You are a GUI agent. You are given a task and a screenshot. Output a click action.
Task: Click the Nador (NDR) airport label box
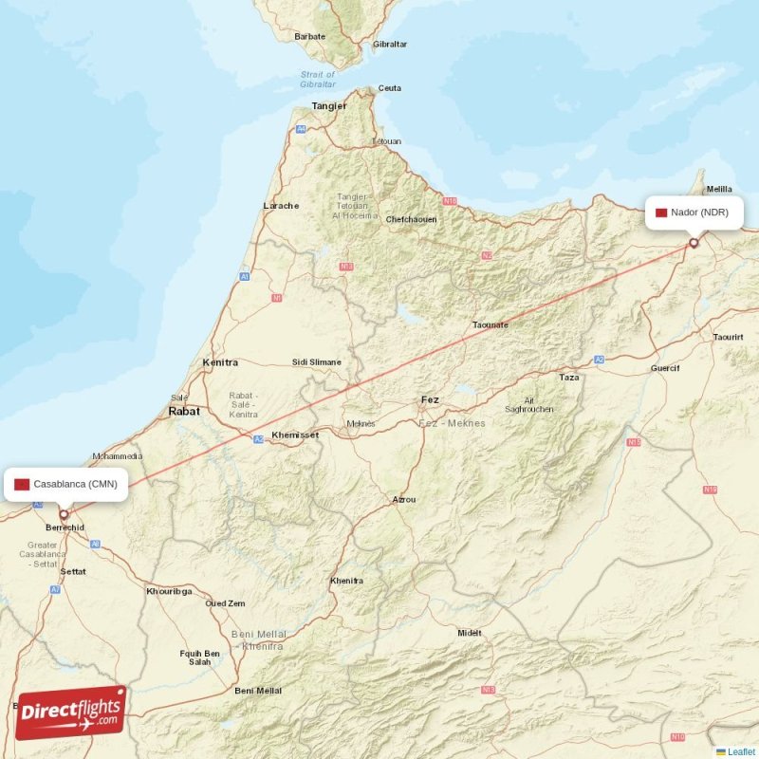click(x=693, y=212)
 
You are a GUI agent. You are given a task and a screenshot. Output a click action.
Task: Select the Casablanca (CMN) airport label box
click(x=65, y=484)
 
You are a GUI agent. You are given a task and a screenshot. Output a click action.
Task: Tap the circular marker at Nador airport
click(x=694, y=243)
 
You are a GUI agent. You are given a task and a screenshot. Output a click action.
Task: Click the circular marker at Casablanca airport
click(x=65, y=515)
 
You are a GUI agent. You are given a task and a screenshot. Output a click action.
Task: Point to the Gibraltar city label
click(x=389, y=45)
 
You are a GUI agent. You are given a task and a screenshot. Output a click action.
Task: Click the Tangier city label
click(x=329, y=106)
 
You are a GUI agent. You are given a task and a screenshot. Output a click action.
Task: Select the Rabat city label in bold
click(x=184, y=412)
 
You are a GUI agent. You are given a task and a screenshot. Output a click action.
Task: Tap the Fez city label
click(x=430, y=399)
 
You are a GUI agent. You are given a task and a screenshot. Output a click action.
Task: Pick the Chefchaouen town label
click(x=411, y=219)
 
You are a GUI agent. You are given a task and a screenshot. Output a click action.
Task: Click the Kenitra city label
click(x=220, y=362)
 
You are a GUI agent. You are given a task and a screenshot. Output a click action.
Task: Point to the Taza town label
click(x=569, y=378)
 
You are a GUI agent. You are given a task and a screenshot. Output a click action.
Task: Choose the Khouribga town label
click(x=169, y=591)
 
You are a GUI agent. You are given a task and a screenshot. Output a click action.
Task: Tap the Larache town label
click(x=281, y=206)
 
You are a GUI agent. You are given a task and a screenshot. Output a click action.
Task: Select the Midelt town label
click(x=470, y=633)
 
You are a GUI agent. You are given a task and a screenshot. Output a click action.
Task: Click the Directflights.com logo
click(x=71, y=712)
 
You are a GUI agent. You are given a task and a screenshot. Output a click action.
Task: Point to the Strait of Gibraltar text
click(x=318, y=79)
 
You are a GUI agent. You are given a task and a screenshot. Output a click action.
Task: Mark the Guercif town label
click(x=665, y=367)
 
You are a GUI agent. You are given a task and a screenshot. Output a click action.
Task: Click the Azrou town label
click(x=404, y=499)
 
